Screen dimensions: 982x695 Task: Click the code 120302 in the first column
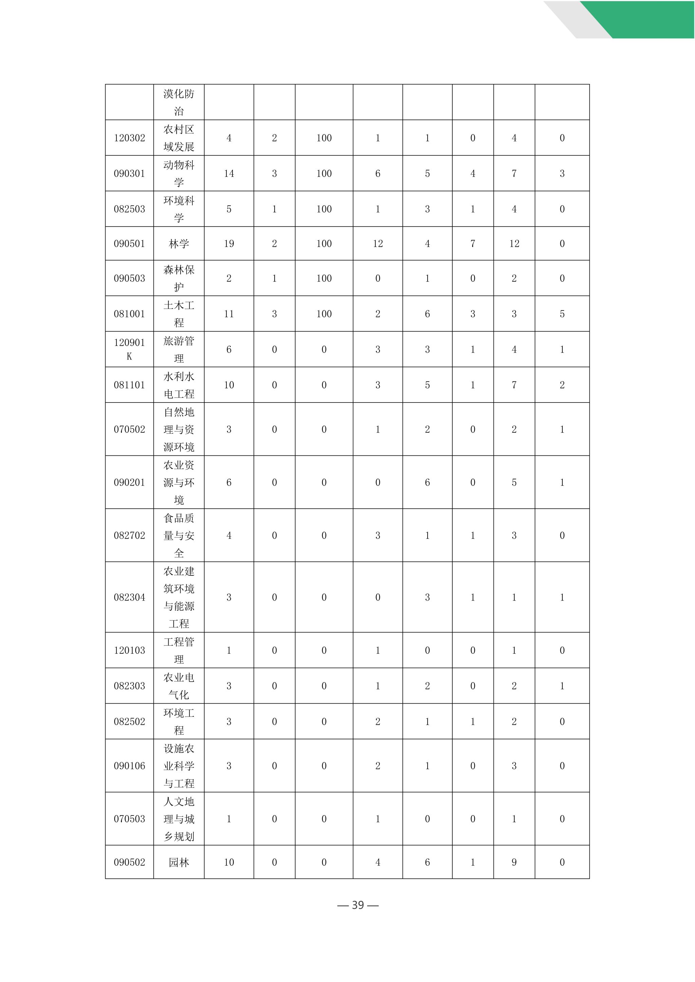pos(129,138)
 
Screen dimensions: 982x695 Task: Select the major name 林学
pos(179,244)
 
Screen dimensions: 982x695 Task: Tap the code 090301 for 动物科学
pos(129,173)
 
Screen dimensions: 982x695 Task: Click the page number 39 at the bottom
pos(358,905)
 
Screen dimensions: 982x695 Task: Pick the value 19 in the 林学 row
pos(229,244)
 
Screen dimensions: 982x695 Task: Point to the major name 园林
pos(179,862)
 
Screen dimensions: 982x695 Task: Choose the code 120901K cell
pos(129,349)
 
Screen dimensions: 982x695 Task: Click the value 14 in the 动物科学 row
pos(229,173)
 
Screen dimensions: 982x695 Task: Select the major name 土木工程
pos(179,314)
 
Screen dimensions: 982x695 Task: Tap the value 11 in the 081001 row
pos(229,314)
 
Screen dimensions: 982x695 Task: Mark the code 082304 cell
pos(129,597)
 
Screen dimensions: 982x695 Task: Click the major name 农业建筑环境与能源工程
pos(179,597)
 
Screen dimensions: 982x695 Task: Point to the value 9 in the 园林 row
pos(514,862)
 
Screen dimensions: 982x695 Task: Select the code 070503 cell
pos(129,819)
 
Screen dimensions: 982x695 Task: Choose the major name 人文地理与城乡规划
pos(179,819)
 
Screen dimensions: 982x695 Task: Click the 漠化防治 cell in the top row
pos(179,102)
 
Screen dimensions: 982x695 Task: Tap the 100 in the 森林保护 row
pos(324,278)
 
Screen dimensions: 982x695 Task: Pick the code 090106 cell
pos(129,766)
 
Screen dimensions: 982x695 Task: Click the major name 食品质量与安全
pos(179,535)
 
